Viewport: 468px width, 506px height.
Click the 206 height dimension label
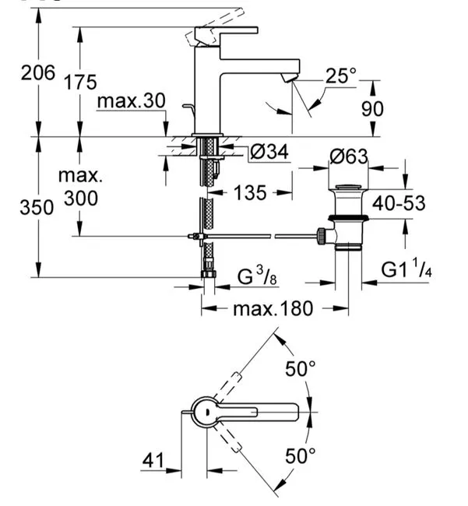(38, 72)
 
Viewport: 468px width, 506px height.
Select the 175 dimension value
(81, 82)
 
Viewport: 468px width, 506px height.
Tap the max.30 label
(132, 100)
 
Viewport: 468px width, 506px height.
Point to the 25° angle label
(341, 76)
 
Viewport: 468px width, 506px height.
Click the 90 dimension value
(372, 109)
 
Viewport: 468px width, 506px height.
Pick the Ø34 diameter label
(269, 151)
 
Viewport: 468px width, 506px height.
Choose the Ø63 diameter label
(349, 156)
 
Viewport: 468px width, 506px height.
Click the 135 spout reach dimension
(250, 192)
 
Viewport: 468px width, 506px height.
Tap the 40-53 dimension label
(399, 203)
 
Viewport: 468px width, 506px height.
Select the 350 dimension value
(37, 207)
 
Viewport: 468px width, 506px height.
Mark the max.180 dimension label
(273, 308)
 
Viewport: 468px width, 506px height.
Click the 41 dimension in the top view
(153, 460)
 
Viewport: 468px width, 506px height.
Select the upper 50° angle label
(300, 368)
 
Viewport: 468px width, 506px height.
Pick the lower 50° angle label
(300, 455)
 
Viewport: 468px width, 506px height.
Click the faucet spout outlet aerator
(288, 78)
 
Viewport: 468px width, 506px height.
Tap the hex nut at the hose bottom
(209, 274)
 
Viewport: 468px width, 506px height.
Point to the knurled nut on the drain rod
(321, 236)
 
